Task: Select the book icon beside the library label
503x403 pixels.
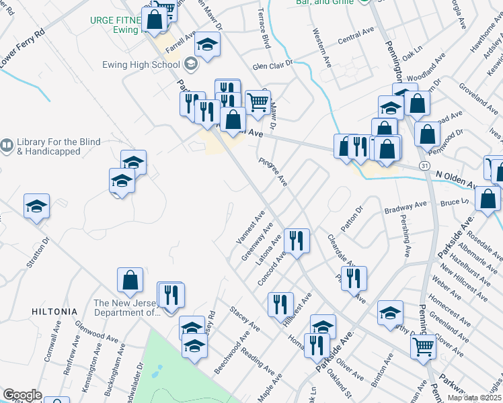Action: click(7, 144)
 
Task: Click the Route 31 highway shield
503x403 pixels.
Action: click(424, 165)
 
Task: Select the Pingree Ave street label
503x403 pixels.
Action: click(274, 173)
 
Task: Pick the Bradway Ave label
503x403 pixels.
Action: click(405, 208)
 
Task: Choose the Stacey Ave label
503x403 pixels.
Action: click(245, 318)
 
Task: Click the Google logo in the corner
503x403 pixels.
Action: click(22, 395)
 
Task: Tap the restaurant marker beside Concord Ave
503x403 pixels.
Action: click(297, 239)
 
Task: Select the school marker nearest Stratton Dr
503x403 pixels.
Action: click(36, 206)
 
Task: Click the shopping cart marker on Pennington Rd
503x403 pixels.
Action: click(423, 347)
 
